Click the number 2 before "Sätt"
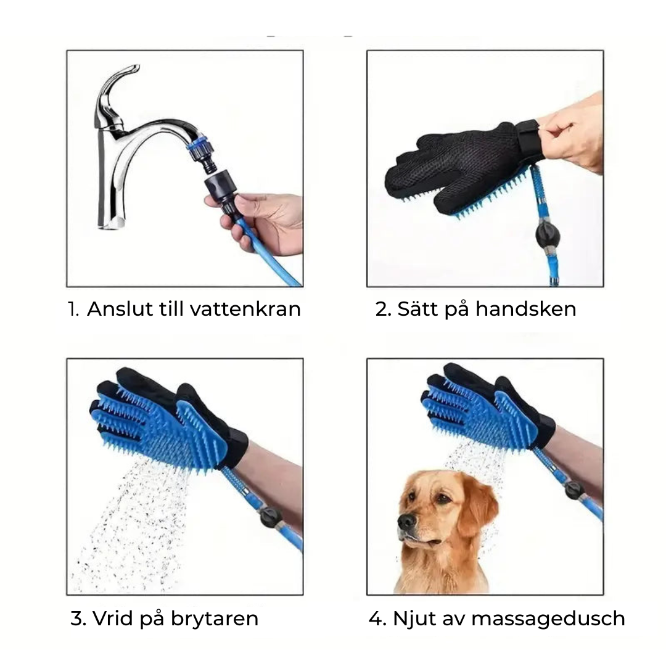click(x=382, y=309)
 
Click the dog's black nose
click(x=407, y=522)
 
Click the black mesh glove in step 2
click(x=456, y=163)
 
